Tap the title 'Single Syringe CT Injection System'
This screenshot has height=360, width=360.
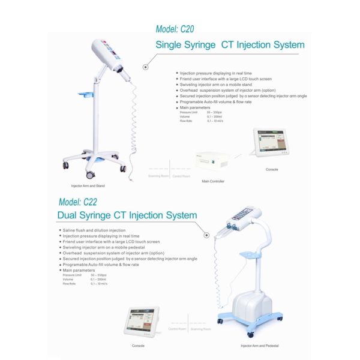click(x=230, y=45)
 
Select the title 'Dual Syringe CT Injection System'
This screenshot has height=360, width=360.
click(x=127, y=215)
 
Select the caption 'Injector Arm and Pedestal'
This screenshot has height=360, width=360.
click(x=260, y=346)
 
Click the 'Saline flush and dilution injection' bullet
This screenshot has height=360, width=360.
click(x=94, y=230)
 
